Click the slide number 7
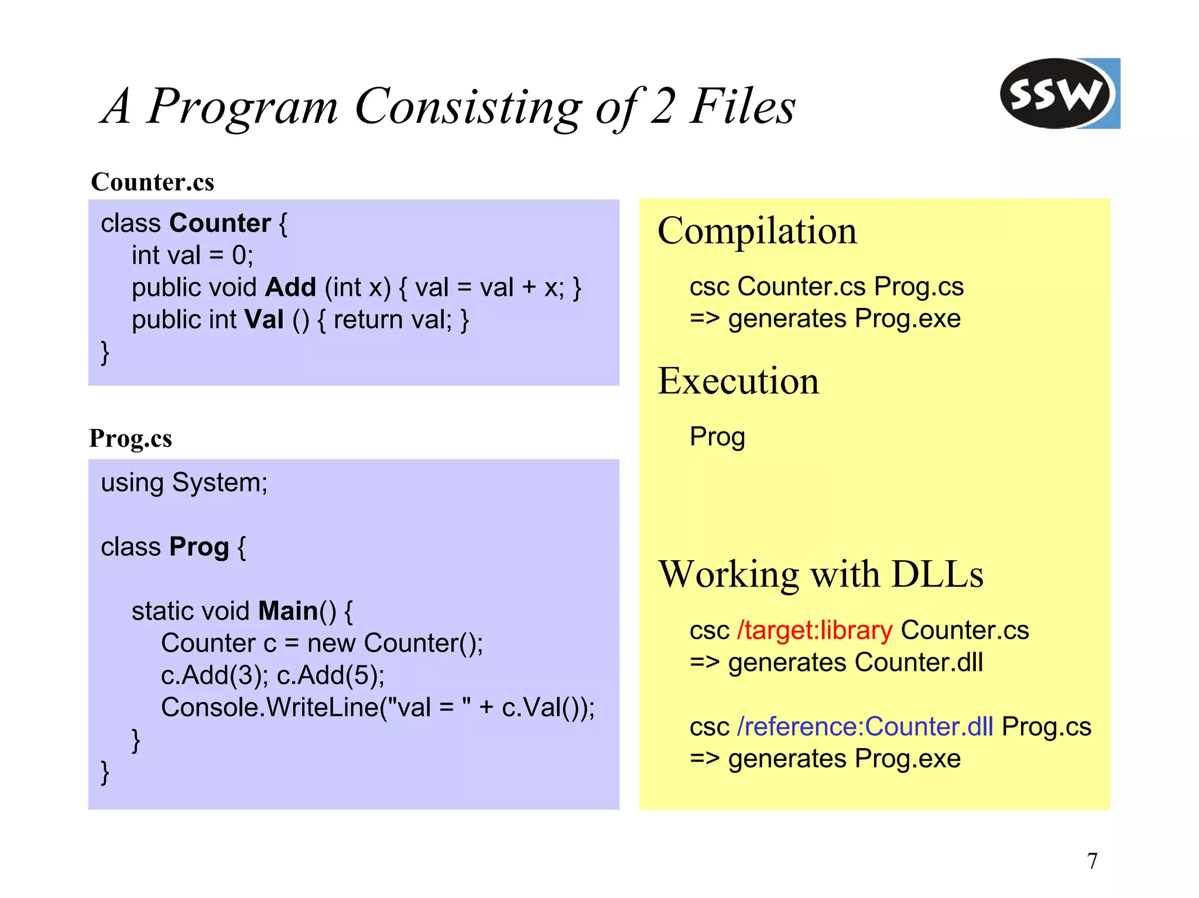(1092, 861)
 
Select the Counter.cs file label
(152, 182)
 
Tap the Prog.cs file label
(131, 438)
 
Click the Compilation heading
(757, 231)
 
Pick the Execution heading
(738, 381)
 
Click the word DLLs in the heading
(937, 574)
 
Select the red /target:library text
(814, 630)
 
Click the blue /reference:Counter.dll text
(865, 726)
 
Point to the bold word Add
(290, 287)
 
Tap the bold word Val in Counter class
(264, 320)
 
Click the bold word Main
(287, 611)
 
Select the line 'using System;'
(184, 483)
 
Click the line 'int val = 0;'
(192, 255)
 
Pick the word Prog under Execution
(717, 437)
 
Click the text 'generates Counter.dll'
(855, 663)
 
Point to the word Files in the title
(742, 106)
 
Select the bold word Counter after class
(220, 223)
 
